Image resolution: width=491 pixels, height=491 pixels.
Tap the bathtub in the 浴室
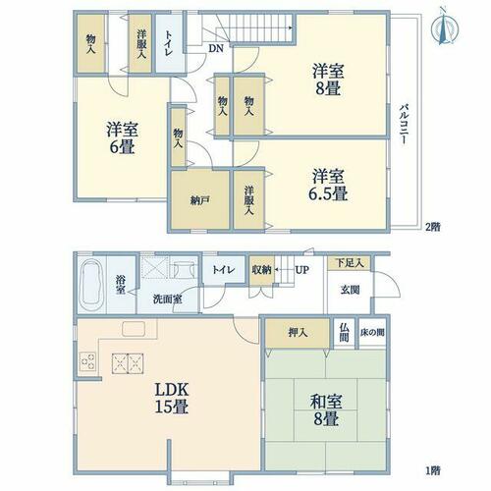click(x=91, y=285)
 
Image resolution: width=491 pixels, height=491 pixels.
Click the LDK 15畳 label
click(x=172, y=399)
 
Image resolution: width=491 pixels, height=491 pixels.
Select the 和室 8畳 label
click(x=326, y=410)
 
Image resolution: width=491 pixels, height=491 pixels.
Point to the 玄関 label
click(x=350, y=290)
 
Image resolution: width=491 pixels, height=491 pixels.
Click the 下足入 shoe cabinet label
click(x=350, y=263)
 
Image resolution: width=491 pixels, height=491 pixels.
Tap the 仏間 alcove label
click(x=344, y=333)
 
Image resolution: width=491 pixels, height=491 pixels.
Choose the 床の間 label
click(x=372, y=333)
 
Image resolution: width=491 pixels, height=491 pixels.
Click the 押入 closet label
click(x=298, y=333)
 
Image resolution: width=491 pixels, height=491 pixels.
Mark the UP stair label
click(x=301, y=270)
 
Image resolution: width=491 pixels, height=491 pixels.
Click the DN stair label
click(x=216, y=49)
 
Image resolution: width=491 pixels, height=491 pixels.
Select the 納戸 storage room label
click(x=199, y=200)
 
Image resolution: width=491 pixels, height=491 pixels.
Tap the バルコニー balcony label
click(x=405, y=125)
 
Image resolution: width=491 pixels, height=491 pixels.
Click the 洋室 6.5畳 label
click(x=328, y=185)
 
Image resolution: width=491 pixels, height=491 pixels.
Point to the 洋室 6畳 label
click(x=122, y=138)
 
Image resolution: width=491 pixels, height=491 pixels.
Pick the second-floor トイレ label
click(x=169, y=43)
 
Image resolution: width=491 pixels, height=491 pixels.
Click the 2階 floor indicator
click(x=433, y=227)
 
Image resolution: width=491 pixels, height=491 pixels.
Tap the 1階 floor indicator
click(x=433, y=470)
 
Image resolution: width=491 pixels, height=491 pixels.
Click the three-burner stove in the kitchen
click(x=87, y=361)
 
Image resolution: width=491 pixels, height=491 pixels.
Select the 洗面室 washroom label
click(x=168, y=299)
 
